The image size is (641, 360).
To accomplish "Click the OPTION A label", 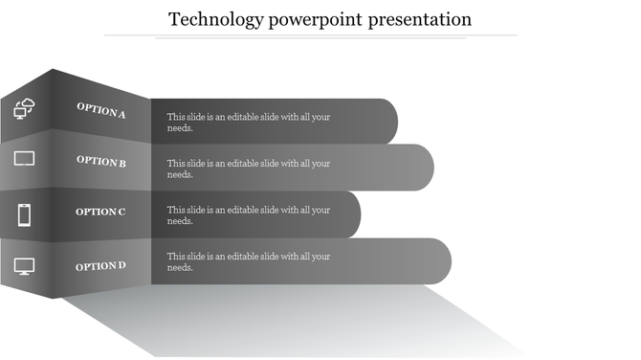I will pos(101,111).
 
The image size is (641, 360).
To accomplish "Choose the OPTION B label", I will pos(101,161).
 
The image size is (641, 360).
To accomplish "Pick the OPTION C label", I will pos(100,212).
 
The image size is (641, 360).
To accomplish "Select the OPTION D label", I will pos(100,265).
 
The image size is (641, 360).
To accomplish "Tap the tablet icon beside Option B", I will pos(25,159).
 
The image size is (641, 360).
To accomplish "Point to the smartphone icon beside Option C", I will pos(25,214).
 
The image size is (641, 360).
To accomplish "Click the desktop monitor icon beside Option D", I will pos(25,266).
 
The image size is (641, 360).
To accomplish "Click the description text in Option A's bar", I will pos(249,122).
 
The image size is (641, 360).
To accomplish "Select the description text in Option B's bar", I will pos(249,169).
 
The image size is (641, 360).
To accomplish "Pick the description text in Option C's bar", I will pos(249,215).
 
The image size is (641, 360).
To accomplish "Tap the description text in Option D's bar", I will pos(249,261).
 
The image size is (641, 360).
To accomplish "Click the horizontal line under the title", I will pos(310,35).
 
